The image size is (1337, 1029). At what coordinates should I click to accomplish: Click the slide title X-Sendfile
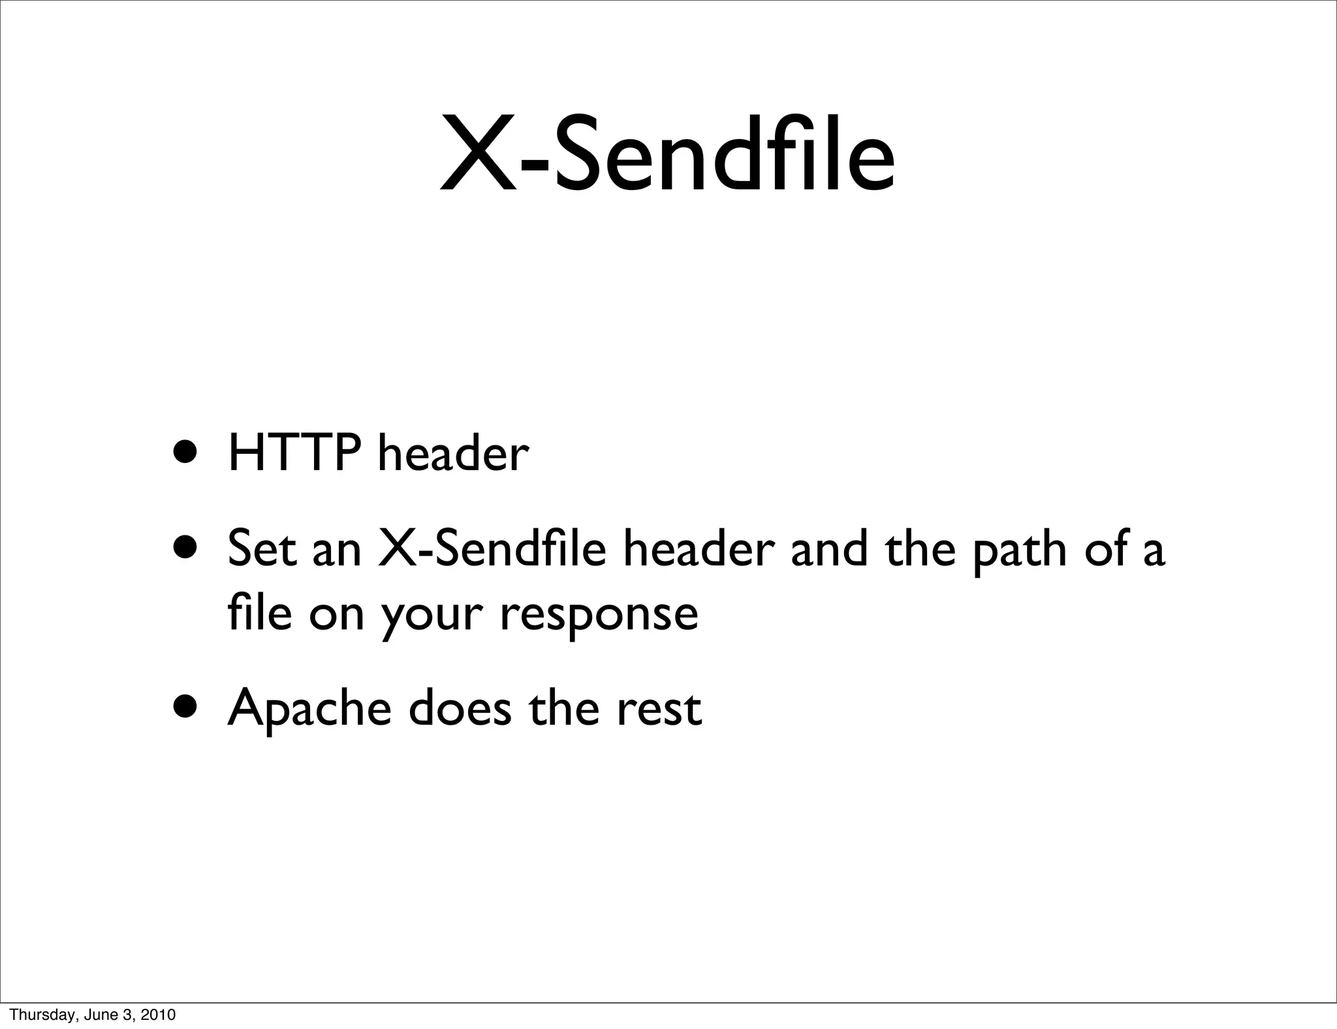[667, 155]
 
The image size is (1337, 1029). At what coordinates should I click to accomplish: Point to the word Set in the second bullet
[261, 549]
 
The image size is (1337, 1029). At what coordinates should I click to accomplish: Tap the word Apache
[309, 710]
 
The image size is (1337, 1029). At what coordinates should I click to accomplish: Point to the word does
[460, 708]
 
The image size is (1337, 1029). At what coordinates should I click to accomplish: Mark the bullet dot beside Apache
[188, 706]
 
